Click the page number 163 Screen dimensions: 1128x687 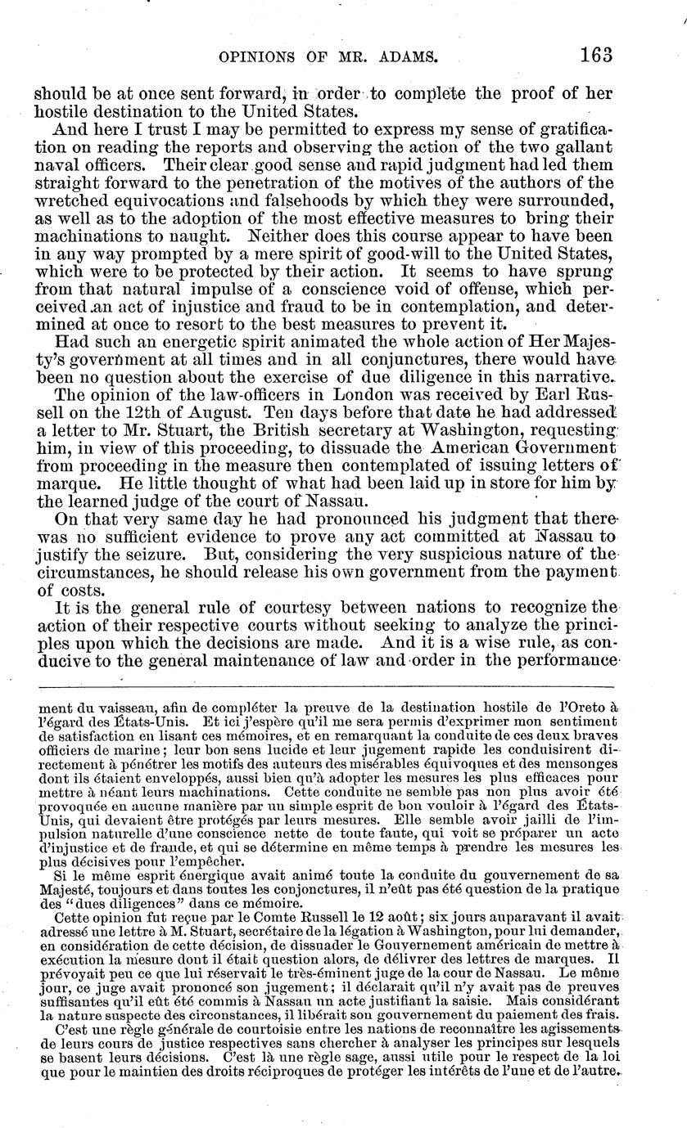pos(595,56)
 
